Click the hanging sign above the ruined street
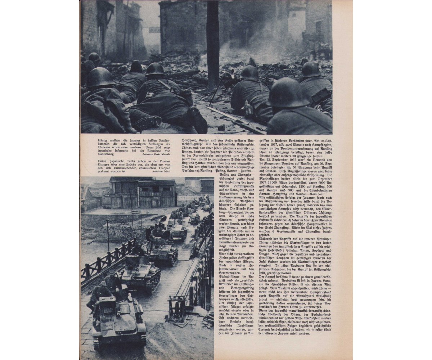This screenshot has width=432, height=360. pos(154,30)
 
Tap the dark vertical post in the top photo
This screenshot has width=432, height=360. pos(213,43)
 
